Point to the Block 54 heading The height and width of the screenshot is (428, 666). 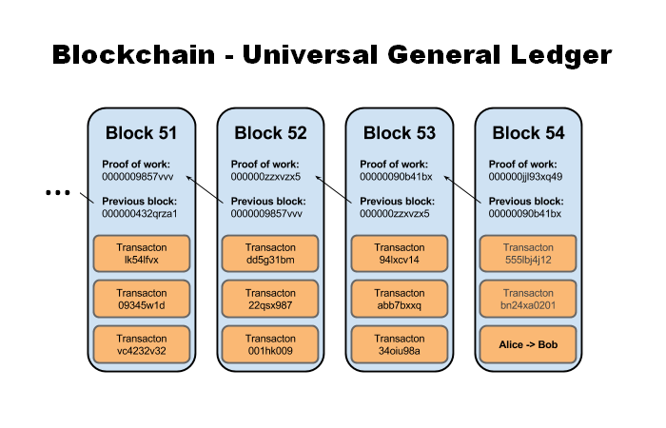tap(529, 132)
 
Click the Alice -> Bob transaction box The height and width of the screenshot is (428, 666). tap(529, 344)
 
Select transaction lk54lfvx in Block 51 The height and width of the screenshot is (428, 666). tap(141, 254)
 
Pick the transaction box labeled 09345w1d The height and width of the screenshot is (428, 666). tap(141, 300)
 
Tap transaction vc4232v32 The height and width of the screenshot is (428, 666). tap(141, 344)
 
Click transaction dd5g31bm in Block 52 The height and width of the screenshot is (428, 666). tap(270, 254)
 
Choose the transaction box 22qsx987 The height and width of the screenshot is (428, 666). tap(270, 300)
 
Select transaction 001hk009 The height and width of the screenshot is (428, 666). tap(270, 344)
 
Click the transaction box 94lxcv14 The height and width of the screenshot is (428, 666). tap(400, 254)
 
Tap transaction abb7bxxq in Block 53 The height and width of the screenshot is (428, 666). tap(400, 300)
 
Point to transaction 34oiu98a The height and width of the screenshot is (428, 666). tap(400, 344)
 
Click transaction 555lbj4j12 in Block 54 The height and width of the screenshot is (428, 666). tap(529, 254)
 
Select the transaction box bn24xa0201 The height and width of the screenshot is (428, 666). tap(529, 300)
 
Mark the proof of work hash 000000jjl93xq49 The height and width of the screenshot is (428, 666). tap(525, 177)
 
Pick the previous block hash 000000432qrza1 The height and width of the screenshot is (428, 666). tap(140, 214)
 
